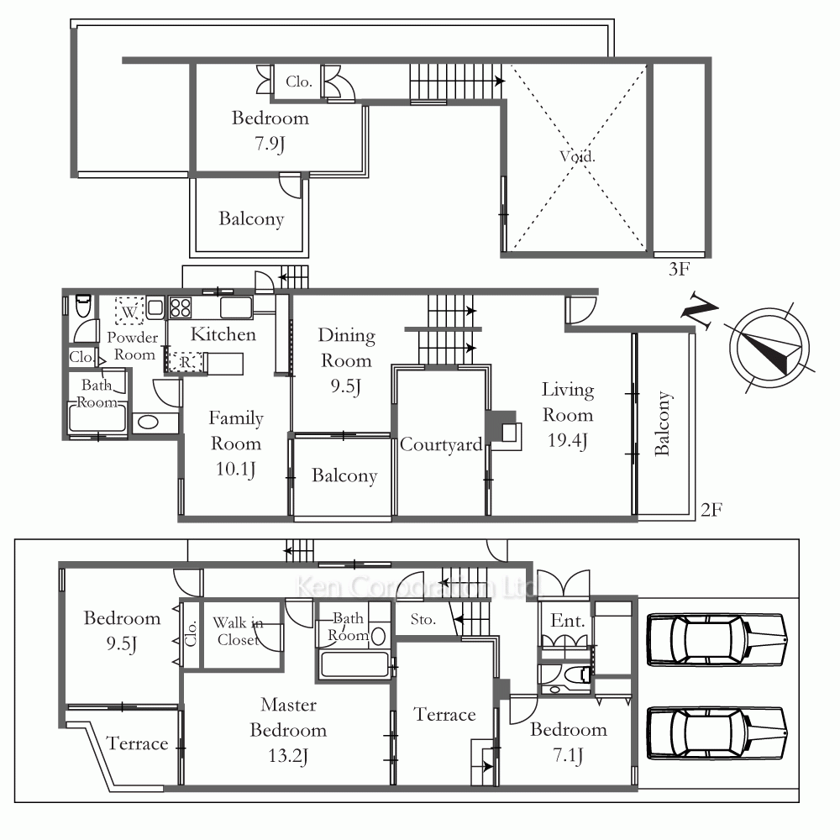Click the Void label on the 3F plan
point(577,156)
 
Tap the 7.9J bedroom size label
point(270,144)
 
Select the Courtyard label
point(441,444)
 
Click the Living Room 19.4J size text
point(567,440)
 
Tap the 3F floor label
point(679,269)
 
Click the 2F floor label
point(711,510)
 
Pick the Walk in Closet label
point(238,631)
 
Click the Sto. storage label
point(423,620)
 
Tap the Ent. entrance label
point(567,621)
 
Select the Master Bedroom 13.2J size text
point(287,756)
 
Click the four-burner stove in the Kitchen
point(181,308)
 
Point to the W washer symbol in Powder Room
point(129,312)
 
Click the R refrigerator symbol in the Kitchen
point(185,362)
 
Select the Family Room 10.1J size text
point(235,470)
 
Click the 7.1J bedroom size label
point(568,755)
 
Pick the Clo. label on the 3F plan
point(299,81)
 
